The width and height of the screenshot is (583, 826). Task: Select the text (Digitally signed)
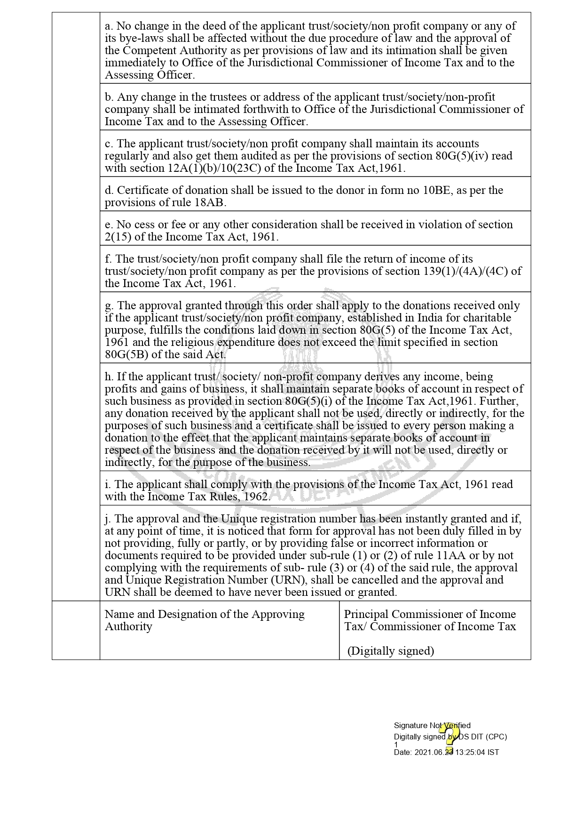391,651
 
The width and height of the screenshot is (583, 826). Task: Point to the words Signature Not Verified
432,725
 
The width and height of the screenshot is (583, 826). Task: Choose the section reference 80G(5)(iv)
463,156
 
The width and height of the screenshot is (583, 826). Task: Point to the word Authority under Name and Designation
128,626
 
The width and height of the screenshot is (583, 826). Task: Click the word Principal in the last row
366,614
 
